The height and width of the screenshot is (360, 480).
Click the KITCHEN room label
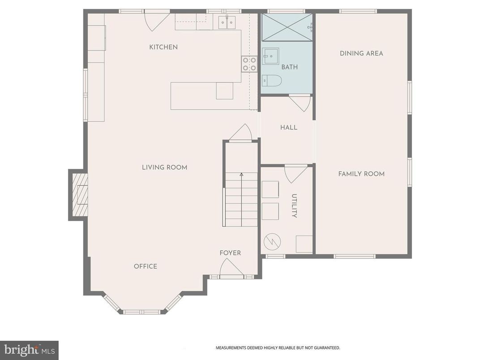pos(163,47)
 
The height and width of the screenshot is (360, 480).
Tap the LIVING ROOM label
pos(164,167)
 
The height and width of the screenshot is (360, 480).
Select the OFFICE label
pos(146,266)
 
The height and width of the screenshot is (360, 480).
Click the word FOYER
pos(230,253)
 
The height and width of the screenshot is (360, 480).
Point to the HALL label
pos(289,128)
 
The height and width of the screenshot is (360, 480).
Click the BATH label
pos(289,67)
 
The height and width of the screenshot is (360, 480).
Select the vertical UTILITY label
pos(294,206)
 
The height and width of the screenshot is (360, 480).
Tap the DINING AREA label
pos(361,53)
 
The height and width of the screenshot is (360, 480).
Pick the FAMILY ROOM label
pos(361,174)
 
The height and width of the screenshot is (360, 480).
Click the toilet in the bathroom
pos(272,81)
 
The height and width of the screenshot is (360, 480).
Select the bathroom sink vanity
pos(270,56)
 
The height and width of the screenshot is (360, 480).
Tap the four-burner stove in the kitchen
pos(249,64)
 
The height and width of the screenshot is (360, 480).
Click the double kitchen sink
pos(227,22)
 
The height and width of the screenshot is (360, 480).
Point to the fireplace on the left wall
pos(79,195)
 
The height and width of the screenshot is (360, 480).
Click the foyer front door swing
pos(231,269)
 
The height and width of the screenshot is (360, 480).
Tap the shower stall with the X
pos(287,27)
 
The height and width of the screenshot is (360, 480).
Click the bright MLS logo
pos(29,350)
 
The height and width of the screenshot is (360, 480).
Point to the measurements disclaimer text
pos(278,347)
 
